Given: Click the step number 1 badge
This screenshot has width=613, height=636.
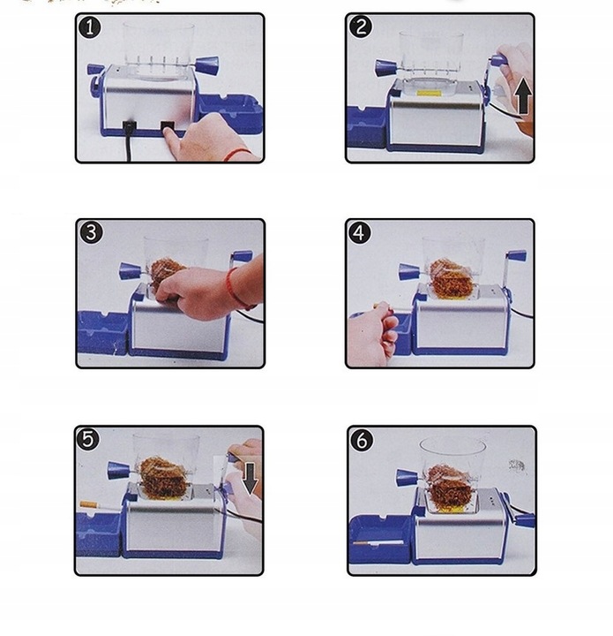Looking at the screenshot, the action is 89,28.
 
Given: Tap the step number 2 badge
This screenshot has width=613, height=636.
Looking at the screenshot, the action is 361,27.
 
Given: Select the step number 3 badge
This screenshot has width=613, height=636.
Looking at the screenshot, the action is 91,233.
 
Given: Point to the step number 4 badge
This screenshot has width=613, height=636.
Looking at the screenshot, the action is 360,233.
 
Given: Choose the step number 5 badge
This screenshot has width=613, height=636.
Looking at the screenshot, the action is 88,439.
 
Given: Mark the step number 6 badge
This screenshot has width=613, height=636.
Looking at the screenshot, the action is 362,440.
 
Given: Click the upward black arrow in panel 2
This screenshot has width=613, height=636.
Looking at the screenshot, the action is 523,96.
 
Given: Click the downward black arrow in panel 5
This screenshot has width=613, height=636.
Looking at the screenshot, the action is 250,479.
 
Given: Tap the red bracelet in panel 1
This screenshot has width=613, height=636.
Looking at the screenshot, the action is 237,154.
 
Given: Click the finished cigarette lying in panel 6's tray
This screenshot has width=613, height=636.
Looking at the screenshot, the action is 378,542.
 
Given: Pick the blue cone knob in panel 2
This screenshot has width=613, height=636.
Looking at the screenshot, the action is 385,67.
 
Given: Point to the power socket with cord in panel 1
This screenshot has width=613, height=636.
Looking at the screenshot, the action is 130,126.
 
